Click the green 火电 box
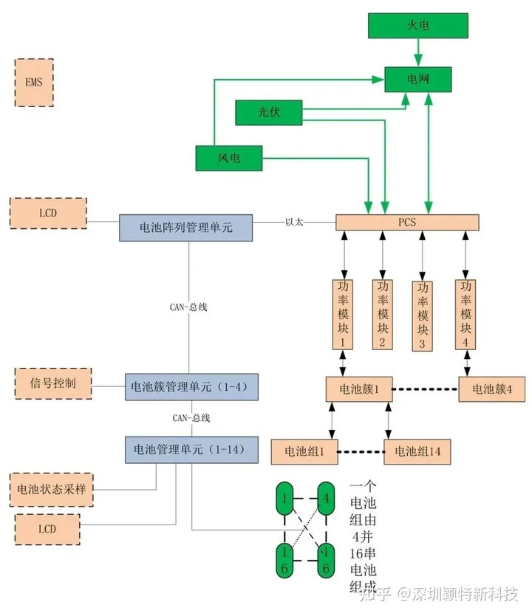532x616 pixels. click(418, 26)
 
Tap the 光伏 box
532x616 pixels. click(269, 112)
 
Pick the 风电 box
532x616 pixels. click(229, 158)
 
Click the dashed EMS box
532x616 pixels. click(35, 81)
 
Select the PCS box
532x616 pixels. click(407, 222)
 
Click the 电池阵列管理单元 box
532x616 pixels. click(185, 227)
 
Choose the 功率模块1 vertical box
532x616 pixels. click(343, 314)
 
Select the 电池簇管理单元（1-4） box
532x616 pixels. click(191, 386)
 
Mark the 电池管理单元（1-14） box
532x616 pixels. click(191, 449)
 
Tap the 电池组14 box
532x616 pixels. click(417, 451)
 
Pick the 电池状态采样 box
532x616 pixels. click(51, 488)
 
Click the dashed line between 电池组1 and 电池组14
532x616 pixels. click(361, 451)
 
